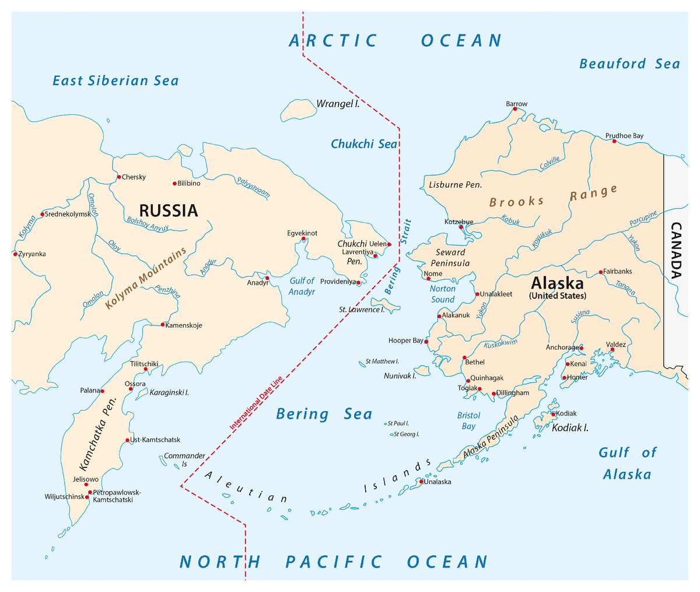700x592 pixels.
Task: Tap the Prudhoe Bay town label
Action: [624, 136]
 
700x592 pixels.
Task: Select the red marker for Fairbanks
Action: [600, 272]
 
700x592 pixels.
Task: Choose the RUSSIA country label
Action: [168, 211]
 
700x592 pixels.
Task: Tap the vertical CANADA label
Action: [676, 251]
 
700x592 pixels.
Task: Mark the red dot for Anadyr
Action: [267, 278]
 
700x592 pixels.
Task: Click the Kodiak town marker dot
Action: [553, 414]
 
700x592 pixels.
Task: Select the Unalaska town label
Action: [437, 482]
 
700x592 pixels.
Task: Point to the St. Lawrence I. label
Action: [362, 310]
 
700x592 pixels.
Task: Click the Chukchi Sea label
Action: [363, 144]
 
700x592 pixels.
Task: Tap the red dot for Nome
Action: [428, 279]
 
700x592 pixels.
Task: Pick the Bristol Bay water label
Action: [468, 421]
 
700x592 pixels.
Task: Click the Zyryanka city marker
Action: [15, 254]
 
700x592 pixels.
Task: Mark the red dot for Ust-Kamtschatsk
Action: [127, 440]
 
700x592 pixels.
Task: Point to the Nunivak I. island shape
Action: [422, 370]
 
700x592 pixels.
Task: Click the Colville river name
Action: [549, 163]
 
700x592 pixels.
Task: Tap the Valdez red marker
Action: [612, 349]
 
